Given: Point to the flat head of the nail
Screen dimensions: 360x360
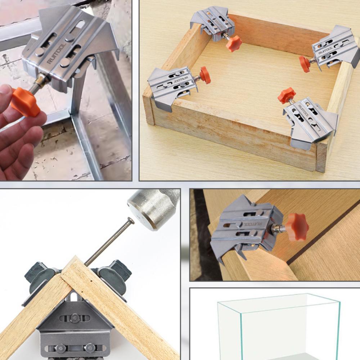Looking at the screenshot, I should [x=130, y=221].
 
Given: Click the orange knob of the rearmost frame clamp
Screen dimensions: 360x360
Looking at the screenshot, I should [x=234, y=43].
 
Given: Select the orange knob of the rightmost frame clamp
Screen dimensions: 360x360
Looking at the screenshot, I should [x=305, y=63].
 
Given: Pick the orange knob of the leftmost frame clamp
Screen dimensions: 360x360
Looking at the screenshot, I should [x=205, y=75].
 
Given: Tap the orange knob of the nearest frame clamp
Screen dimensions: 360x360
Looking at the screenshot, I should [x=286, y=95].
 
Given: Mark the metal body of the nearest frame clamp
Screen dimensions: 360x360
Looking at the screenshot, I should [x=310, y=121].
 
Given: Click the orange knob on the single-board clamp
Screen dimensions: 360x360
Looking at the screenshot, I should [x=297, y=227].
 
